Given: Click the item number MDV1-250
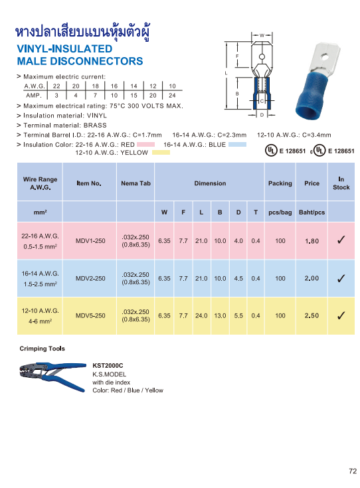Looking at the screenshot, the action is pyautogui.click(x=90, y=241).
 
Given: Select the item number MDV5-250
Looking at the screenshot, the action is pyautogui.click(x=90, y=315).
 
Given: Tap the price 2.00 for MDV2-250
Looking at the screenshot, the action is pyautogui.click(x=312, y=278).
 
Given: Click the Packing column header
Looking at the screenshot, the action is pyautogui.click(x=280, y=183).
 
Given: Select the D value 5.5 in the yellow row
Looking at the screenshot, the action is pyautogui.click(x=238, y=315).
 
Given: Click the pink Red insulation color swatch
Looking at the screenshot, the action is pyautogui.click(x=145, y=144).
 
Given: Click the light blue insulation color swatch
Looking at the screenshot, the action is pyautogui.click(x=237, y=144).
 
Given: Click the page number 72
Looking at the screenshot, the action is pyautogui.click(x=352, y=471).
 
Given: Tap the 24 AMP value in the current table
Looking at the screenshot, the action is pyautogui.click(x=172, y=96).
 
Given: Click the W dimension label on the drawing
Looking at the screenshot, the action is pyautogui.click(x=262, y=35).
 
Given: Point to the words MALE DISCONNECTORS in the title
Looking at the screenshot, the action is pyautogui.click(x=80, y=61).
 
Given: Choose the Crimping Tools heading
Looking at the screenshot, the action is pyautogui.click(x=41, y=348).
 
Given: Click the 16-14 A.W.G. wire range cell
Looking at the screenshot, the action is pyautogui.click(x=41, y=273).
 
